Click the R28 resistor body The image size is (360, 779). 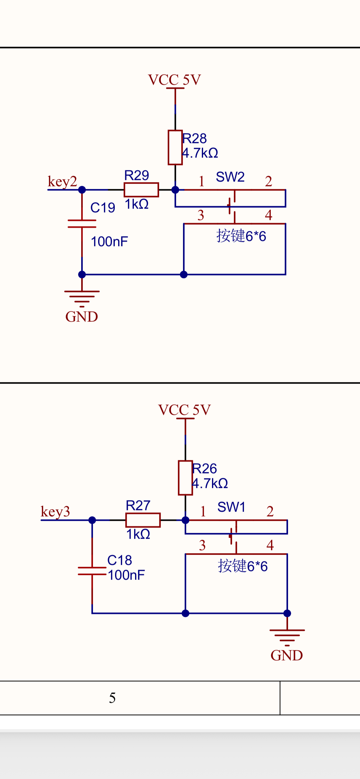point(175,147)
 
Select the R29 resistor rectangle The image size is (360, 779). point(141,190)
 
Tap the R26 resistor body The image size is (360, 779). point(185,477)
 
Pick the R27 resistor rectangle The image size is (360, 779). point(143,520)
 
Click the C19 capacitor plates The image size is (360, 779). point(82,224)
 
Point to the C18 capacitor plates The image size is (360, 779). point(92,571)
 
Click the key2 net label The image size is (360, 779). point(62,182)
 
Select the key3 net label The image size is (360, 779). point(55,512)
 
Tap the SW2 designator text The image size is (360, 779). point(230,177)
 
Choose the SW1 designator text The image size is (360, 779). point(231,507)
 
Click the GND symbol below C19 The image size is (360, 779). point(82,298)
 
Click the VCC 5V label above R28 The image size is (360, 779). point(174,80)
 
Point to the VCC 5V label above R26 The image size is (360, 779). point(184,410)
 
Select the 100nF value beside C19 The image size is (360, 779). point(109,242)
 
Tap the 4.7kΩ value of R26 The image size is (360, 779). point(210,483)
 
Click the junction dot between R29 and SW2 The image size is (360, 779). point(175,190)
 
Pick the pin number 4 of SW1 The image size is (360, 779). point(270,545)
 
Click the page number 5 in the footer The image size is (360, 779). point(112,698)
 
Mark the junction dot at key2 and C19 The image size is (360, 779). point(82,190)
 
